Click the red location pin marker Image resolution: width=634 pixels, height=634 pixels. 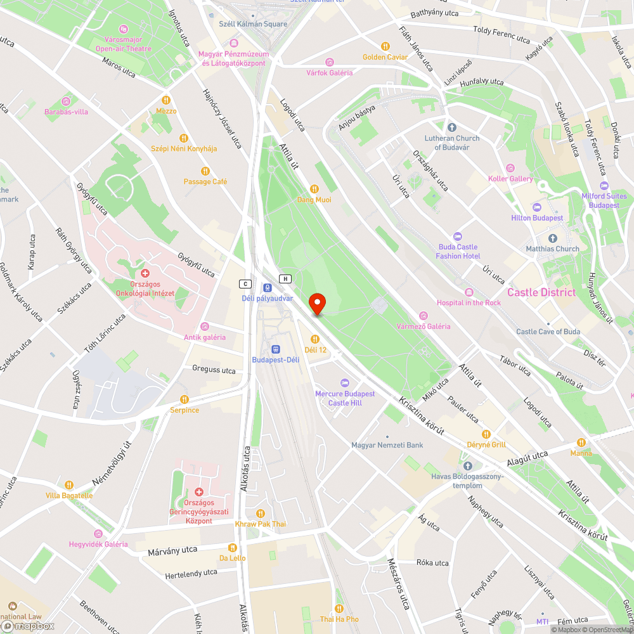coord(316,304)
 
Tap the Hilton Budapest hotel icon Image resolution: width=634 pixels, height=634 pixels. coord(537,207)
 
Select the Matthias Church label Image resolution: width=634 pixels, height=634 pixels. coord(552,249)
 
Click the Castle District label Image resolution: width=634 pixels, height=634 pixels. coord(541,292)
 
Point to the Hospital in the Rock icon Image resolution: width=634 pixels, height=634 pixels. coord(469,292)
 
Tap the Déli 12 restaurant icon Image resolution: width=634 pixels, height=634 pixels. coord(314,339)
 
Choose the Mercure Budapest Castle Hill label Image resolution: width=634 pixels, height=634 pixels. coord(345,398)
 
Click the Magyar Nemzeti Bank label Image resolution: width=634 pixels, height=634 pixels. coord(387,445)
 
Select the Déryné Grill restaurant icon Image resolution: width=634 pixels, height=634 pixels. coord(486,434)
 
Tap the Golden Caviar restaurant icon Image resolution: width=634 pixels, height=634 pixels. coord(385,46)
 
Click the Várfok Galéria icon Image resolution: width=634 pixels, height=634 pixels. coord(329,62)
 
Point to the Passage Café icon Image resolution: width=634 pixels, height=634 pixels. coord(205,171)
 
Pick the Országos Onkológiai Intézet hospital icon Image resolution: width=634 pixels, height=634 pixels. coord(145,273)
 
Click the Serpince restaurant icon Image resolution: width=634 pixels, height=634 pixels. coord(184,399)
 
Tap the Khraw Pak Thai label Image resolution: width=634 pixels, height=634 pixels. coord(260,524)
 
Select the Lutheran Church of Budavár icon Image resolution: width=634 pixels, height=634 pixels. coord(451,127)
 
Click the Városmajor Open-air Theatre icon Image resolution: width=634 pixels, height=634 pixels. coord(124,29)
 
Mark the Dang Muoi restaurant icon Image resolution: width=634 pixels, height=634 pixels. coord(314,189)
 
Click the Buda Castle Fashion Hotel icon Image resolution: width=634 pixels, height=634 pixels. coord(458,236)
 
